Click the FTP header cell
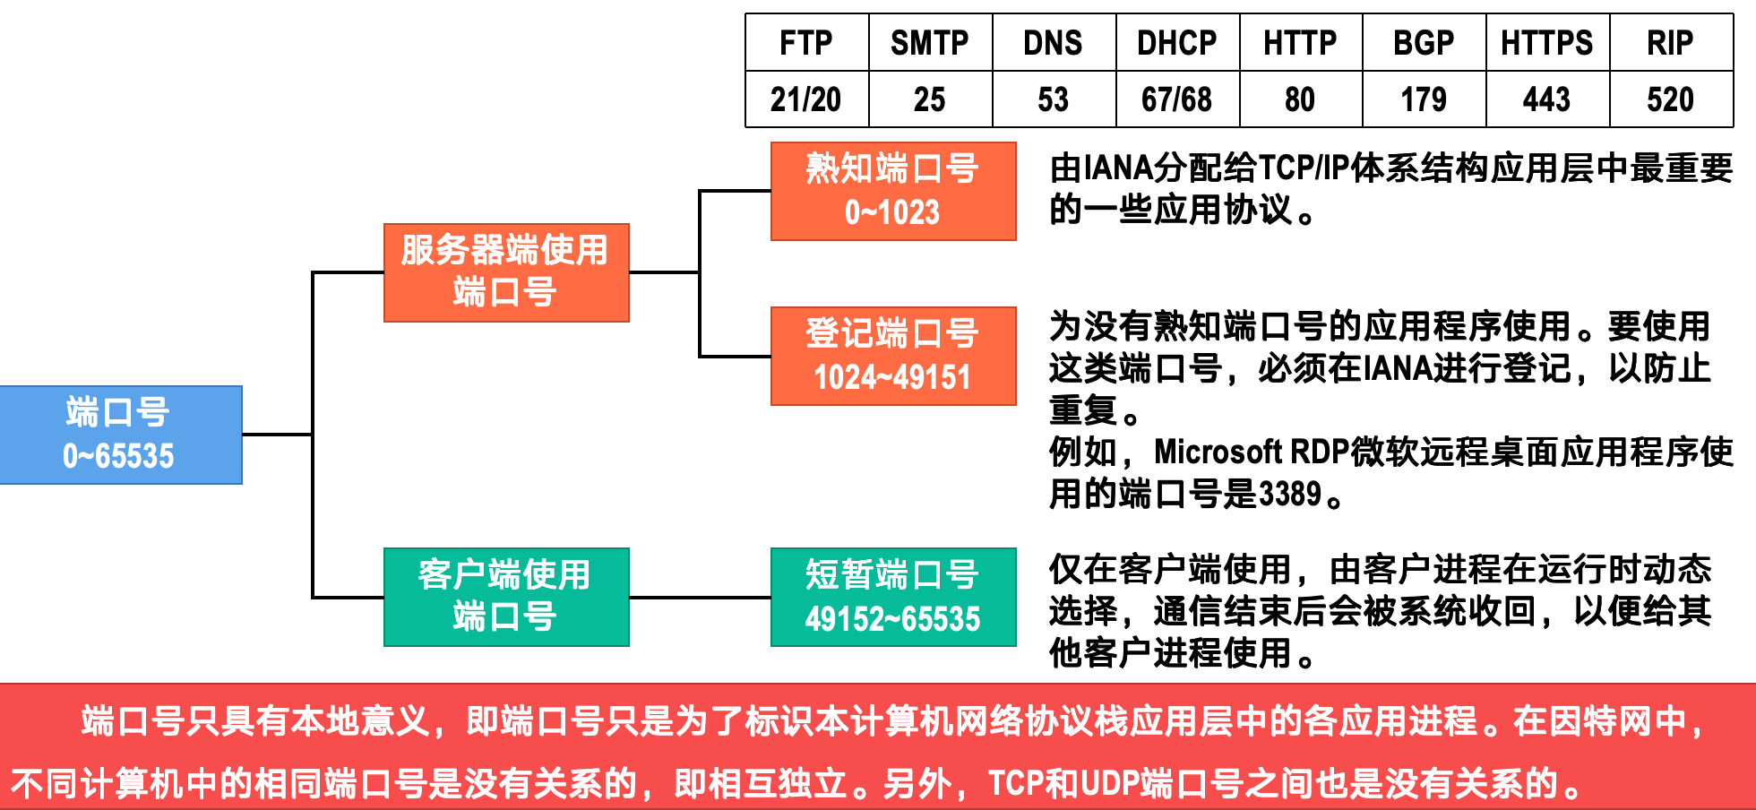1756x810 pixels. tap(806, 43)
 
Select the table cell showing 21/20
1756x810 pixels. tap(806, 99)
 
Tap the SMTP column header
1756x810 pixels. tap(930, 43)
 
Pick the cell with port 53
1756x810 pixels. tap(1054, 99)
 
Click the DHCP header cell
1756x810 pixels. tap(1177, 43)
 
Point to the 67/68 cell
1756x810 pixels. tap(1177, 99)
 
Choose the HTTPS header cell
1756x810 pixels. tap(1547, 43)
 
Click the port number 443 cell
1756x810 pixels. tap(1547, 99)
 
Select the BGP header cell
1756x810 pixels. tap(1424, 43)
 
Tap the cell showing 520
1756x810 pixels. tap(1671, 99)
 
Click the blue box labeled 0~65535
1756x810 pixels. tap(120, 435)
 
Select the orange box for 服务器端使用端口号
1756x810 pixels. tap(506, 272)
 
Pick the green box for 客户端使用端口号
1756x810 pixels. tap(506, 597)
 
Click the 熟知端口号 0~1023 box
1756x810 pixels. tap(893, 191)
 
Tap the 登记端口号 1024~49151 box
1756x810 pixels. tap(893, 356)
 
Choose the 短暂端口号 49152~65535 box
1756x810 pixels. tap(893, 597)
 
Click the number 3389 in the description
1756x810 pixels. tap(1291, 494)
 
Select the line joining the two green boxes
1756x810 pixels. tap(700, 597)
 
